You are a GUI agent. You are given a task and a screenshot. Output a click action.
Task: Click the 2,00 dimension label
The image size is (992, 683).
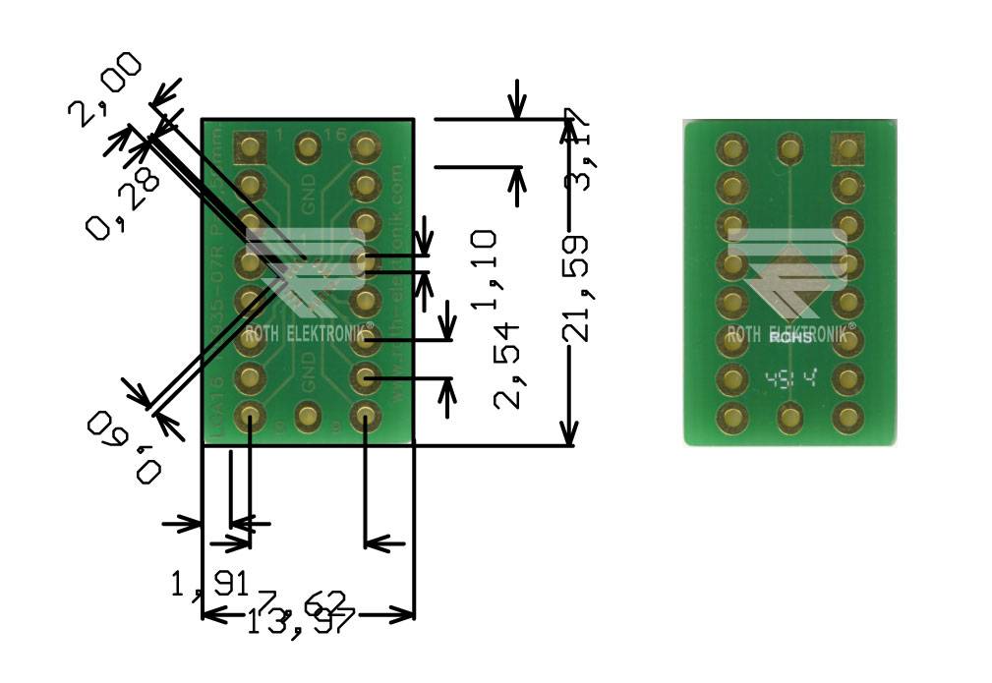pyautogui.click(x=104, y=90)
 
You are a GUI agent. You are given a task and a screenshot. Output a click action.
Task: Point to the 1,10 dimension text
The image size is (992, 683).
pyautogui.click(x=484, y=269)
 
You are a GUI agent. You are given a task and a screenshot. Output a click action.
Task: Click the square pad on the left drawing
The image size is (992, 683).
pyautogui.click(x=250, y=148)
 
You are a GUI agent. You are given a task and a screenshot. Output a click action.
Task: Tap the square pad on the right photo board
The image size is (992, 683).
pyautogui.click(x=846, y=148)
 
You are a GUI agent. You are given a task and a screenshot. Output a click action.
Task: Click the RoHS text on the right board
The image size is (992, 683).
pyautogui.click(x=792, y=339)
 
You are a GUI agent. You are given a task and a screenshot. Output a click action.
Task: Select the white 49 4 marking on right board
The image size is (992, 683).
pyautogui.click(x=791, y=377)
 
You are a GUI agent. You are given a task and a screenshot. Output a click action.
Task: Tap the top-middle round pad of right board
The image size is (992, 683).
pyautogui.click(x=789, y=148)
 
